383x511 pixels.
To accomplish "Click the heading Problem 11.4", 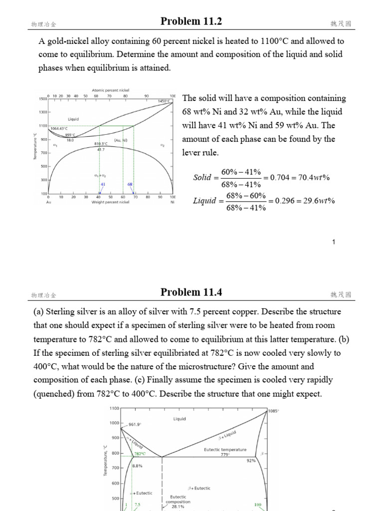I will pos(191,292).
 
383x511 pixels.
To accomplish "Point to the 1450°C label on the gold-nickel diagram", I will pos(164,101).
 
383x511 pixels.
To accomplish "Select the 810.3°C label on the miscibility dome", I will pos(102,144).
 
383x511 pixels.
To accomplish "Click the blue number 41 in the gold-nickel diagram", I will pos(103,184).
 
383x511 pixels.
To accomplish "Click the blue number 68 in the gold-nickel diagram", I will pos(130,184).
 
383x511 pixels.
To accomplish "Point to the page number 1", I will pos(334,243).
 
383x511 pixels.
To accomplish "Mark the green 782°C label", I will pos(140,454).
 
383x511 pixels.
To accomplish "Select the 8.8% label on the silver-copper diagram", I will pos(138,466).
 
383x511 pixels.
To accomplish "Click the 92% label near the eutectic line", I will pos(251,461).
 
